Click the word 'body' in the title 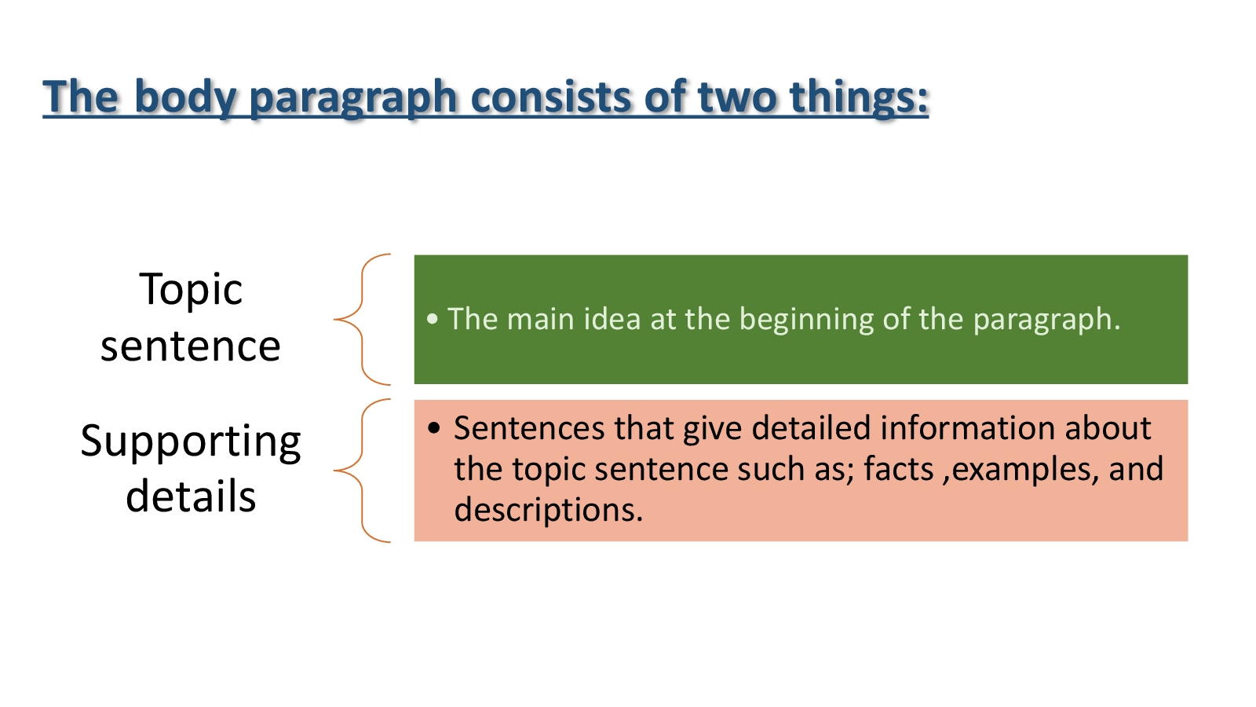(x=185, y=97)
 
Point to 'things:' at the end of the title (x=859, y=97)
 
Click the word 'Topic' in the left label (x=191, y=290)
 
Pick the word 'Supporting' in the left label (x=191, y=442)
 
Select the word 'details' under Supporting (x=191, y=496)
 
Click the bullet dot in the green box (x=432, y=319)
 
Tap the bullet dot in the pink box (x=434, y=428)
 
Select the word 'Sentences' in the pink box (x=529, y=428)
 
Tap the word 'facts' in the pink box (x=898, y=469)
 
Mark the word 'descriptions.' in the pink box (x=549, y=511)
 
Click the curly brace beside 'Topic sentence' (x=362, y=319)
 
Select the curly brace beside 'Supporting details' (x=362, y=471)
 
